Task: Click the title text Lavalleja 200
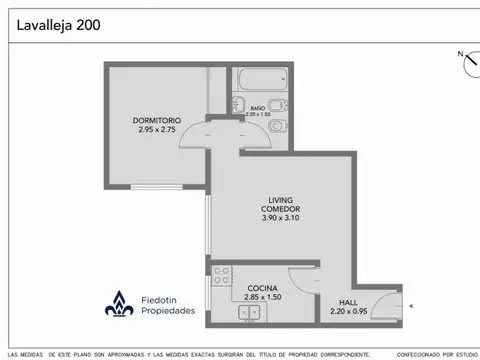(57, 22)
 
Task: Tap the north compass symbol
(467, 62)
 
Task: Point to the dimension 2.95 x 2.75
(157, 131)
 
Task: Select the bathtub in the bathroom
(261, 83)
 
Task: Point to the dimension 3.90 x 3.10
(280, 218)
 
